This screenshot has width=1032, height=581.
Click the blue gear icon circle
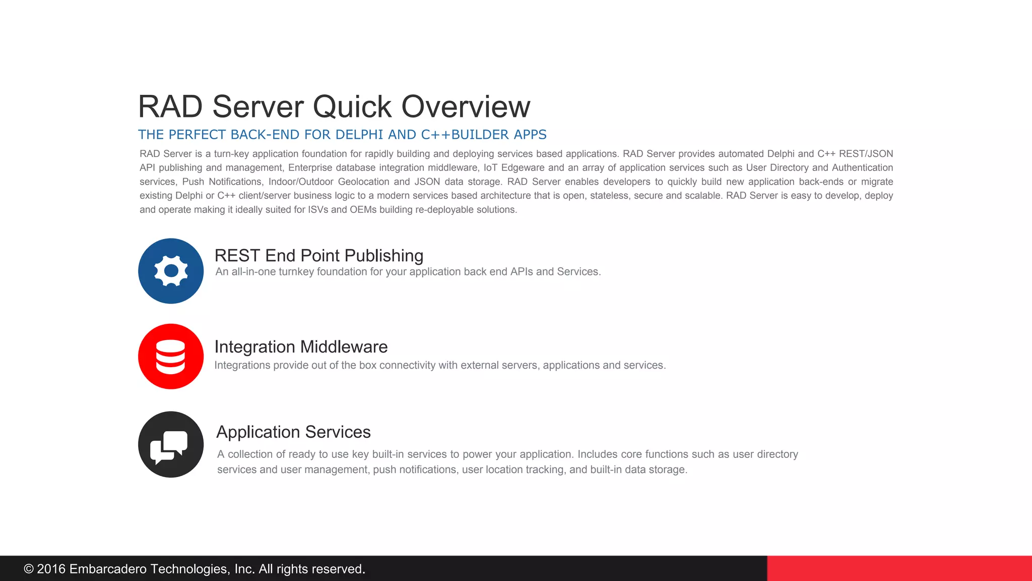click(x=171, y=271)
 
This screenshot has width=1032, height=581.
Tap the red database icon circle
click(x=171, y=357)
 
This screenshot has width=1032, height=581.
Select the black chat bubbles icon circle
click(x=171, y=444)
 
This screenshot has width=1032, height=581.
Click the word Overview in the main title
click(x=466, y=106)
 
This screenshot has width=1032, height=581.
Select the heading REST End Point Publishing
click(x=318, y=256)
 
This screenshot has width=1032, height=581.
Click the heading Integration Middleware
click(x=301, y=347)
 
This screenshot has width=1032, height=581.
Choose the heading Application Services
click(x=293, y=432)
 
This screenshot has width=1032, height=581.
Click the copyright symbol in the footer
click(x=29, y=569)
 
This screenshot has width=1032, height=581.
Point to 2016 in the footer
click(x=51, y=569)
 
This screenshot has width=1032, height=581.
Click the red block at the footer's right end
click(x=899, y=568)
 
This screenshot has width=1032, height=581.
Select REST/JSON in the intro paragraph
click(x=866, y=154)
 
